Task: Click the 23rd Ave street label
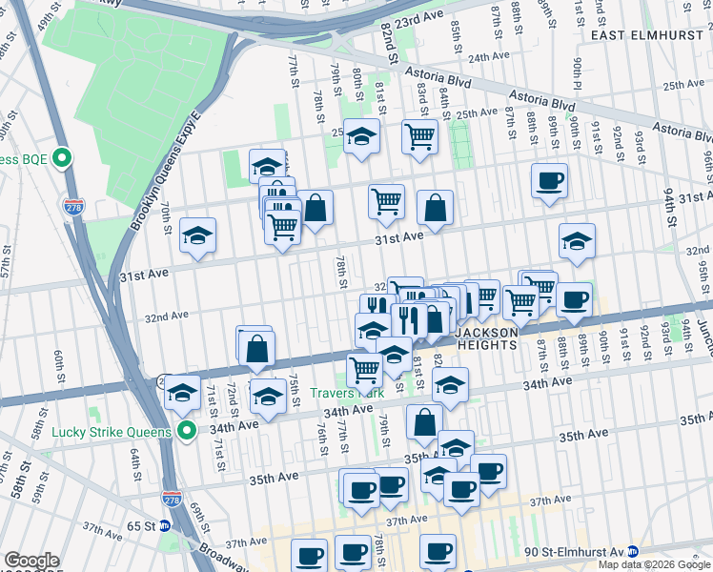[421, 19]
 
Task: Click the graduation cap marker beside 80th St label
[361, 136]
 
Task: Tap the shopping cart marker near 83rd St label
[418, 136]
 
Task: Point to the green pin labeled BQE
[63, 157]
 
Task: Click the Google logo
[31, 561]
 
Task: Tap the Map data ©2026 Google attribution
[654, 564]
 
